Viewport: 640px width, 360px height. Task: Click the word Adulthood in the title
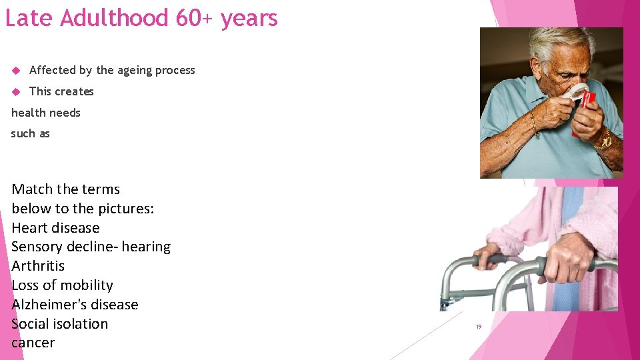114,18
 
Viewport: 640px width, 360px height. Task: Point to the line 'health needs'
45,113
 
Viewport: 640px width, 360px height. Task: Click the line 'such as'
31,133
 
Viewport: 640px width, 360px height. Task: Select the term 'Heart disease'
55,227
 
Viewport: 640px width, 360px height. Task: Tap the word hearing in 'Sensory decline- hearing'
146,247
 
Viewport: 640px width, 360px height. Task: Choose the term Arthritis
38,266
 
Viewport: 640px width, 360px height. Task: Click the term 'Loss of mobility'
62,285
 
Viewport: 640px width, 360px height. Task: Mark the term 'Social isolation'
59,324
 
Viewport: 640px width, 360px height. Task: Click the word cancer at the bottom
33,343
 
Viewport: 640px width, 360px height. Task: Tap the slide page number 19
479,327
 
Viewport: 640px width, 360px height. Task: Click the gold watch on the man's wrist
605,139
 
